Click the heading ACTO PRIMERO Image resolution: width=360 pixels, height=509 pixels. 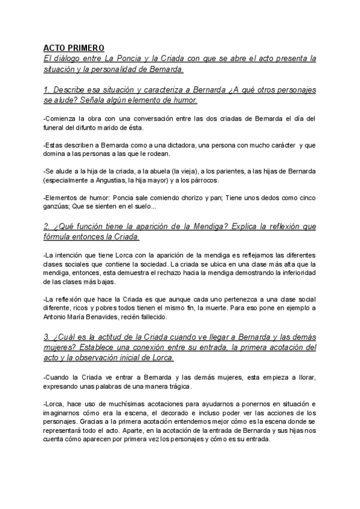74,48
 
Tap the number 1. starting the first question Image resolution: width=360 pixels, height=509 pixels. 47,89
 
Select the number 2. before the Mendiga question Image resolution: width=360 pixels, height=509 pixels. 47,226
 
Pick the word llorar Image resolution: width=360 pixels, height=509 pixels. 304,376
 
